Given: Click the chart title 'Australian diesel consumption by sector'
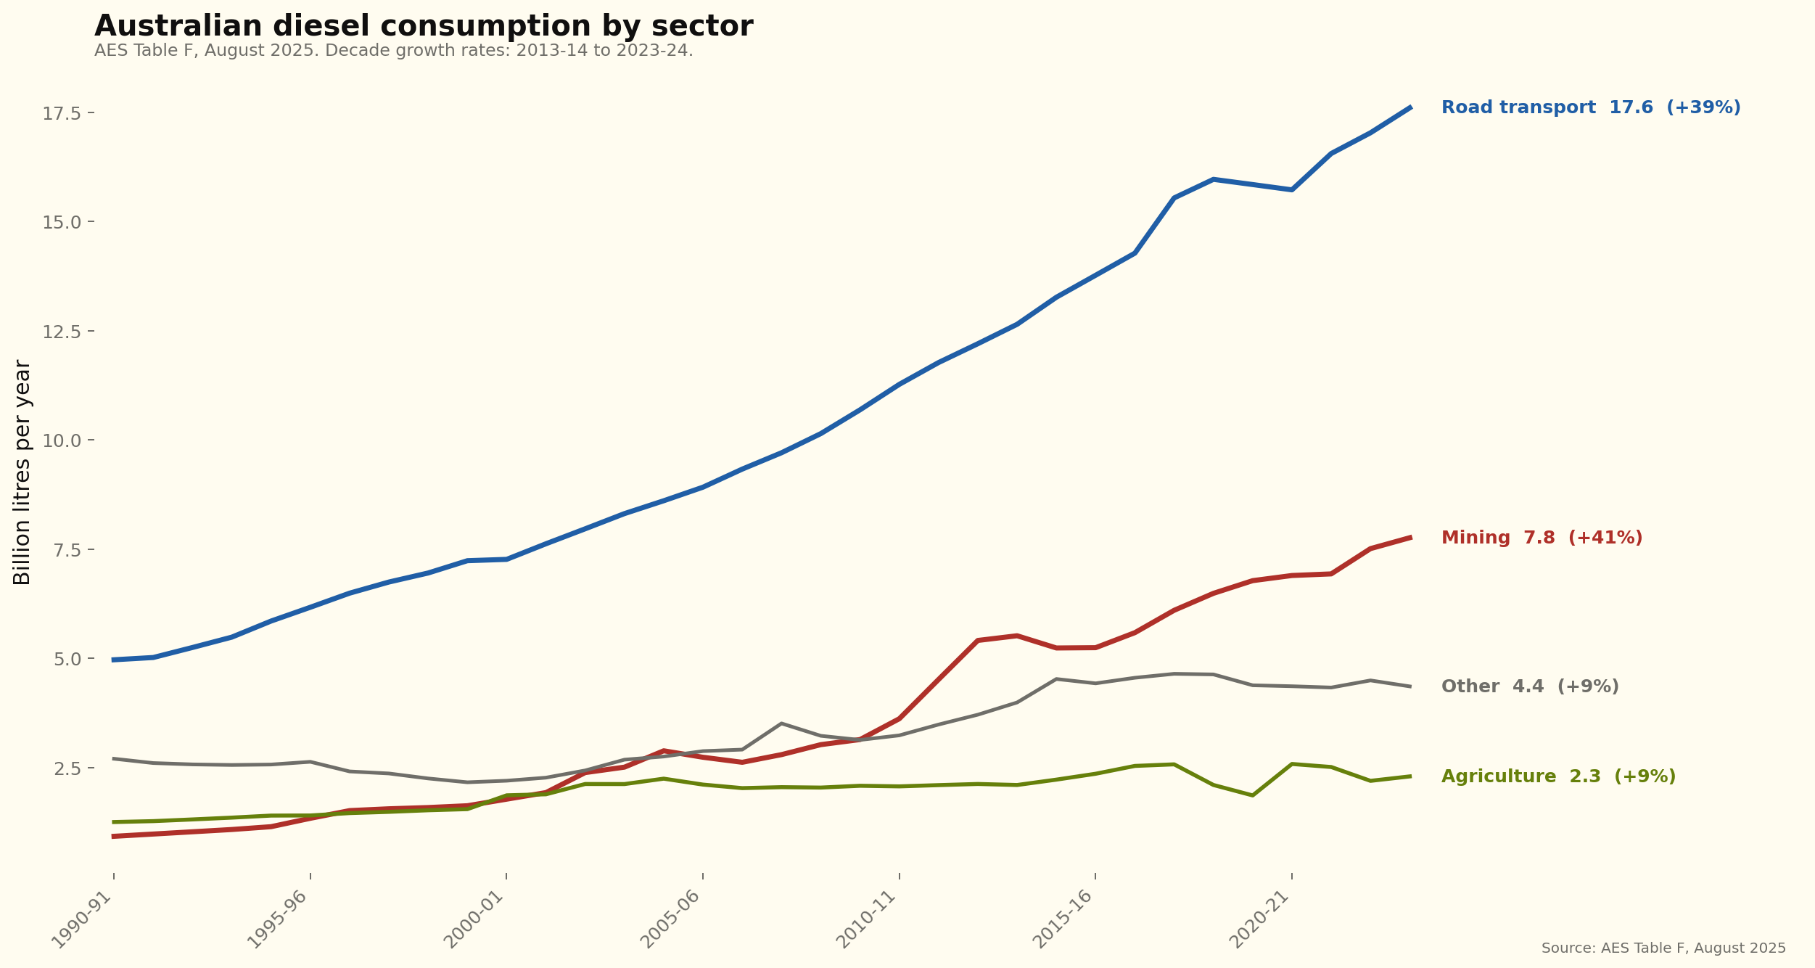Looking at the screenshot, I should (x=424, y=27).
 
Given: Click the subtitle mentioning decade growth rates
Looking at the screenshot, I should (x=393, y=51).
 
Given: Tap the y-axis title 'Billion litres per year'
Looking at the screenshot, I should (x=22, y=472).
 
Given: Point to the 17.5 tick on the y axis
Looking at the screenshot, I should (x=64, y=113).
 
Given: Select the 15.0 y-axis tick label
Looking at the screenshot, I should (x=64, y=222).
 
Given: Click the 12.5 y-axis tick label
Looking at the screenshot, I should (x=64, y=332).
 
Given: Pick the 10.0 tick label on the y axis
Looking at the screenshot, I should (x=64, y=440).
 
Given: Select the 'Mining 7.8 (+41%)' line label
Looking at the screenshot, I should (x=1541, y=538).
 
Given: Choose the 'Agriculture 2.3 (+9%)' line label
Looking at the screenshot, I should (x=1557, y=776).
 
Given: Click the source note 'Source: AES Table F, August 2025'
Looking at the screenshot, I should (x=1663, y=948).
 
